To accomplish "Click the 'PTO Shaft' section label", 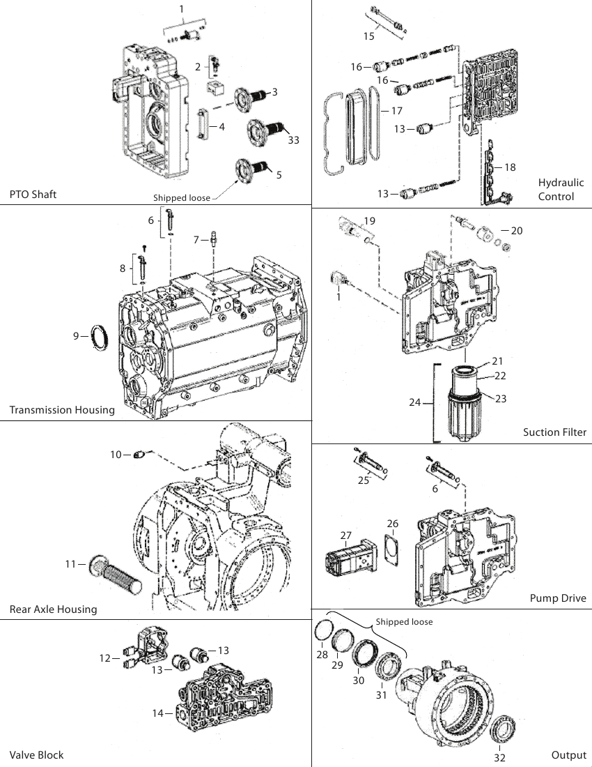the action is point(33,195).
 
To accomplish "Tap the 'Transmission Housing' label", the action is point(62,410).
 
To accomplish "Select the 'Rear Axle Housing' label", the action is point(53,609).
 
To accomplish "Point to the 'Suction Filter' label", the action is point(554,432).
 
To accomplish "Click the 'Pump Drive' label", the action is point(558,598).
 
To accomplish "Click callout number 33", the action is point(293,140).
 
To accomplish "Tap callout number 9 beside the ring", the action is point(76,335).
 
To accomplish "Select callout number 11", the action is point(71,564).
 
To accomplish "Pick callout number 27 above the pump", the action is point(346,536).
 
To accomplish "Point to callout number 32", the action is point(499,758).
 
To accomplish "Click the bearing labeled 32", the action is point(500,732).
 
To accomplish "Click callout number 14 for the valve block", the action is point(157,713).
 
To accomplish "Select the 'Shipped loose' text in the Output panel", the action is point(404,622).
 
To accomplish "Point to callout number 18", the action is point(510,167).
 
